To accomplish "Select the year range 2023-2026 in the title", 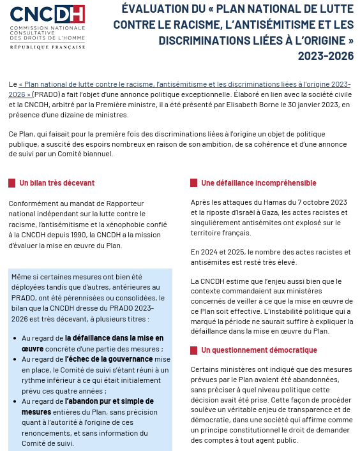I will click(x=326, y=55).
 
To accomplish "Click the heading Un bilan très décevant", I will click(x=57, y=182).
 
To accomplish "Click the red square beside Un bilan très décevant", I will click(x=11, y=183).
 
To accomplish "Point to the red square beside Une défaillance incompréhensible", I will click(x=193, y=183).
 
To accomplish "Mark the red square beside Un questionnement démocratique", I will click(x=193, y=350).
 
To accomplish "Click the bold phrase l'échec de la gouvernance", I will click(x=105, y=359).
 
